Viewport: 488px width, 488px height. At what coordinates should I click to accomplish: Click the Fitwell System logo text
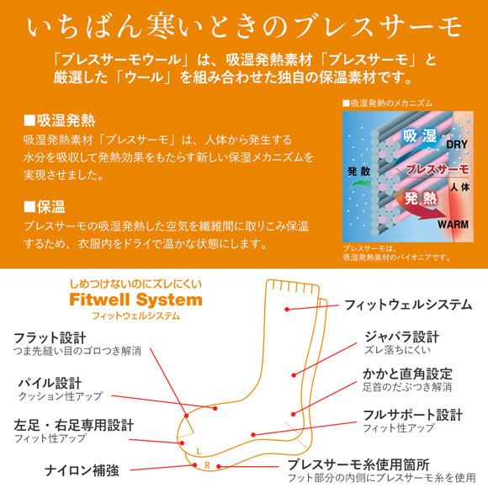[135, 300]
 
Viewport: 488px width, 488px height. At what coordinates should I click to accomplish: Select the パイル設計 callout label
[50, 383]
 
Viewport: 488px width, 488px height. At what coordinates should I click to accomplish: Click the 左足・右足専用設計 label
[74, 425]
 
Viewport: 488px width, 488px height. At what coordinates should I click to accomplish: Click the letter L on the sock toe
[199, 450]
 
